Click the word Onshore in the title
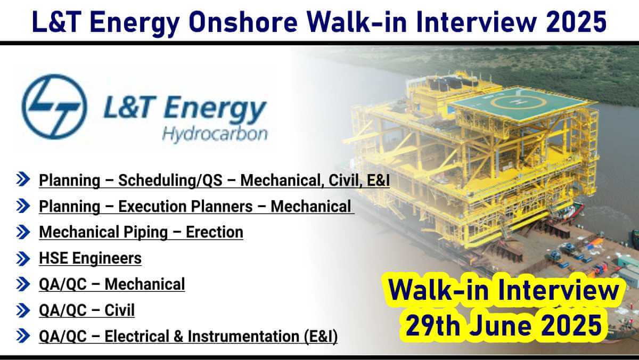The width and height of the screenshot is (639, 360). pos(243,22)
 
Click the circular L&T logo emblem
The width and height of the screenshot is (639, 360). pos(54,107)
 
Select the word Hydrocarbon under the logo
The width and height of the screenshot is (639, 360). pos(215,135)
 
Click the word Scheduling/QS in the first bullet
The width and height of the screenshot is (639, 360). pos(170,181)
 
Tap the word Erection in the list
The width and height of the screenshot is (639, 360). pos(215,232)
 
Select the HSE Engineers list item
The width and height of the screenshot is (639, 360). pos(90,258)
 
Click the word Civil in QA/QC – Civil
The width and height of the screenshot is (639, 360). pos(119,310)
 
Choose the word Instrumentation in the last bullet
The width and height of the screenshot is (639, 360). pos(243,336)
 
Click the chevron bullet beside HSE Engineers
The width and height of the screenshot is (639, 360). pos(23,259)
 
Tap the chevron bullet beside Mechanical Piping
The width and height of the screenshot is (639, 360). pos(23,232)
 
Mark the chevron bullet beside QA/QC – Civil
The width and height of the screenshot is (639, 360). pos(23,310)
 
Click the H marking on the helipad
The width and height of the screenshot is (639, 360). pos(516,101)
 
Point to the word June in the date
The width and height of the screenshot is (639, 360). pos(503,326)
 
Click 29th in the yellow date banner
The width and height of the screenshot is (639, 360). pos(433,326)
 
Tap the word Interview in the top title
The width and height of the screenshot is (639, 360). pos(477,22)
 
